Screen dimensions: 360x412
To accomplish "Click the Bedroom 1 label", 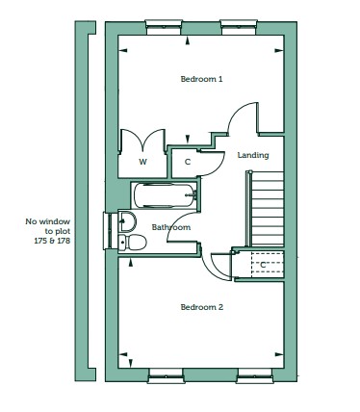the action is click(201, 79).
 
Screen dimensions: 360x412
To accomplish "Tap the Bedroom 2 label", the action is click(201, 307).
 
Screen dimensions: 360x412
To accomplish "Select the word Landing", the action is click(253, 156).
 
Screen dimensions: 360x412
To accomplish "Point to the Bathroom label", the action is click(171, 227).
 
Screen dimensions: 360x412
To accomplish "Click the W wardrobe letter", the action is click(142, 162).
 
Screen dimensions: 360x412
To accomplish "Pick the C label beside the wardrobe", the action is click(188, 162).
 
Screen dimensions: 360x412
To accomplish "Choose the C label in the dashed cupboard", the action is click(263, 265).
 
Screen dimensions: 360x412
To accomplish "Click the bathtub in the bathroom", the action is click(165, 195).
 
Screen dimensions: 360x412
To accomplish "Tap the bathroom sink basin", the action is click(127, 221).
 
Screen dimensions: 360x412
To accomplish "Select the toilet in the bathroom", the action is click(132, 242).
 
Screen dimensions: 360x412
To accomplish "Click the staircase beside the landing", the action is click(266, 209).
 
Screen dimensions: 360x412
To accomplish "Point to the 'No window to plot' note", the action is click(48, 231).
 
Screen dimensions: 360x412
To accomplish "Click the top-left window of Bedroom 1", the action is click(164, 27).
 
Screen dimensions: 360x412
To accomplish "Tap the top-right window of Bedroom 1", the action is click(239, 27).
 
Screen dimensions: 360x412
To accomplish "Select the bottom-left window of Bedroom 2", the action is click(167, 375).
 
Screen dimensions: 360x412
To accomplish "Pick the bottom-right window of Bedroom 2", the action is click(255, 375).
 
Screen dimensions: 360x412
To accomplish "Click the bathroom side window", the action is click(108, 231).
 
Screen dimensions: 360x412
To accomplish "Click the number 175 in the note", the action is click(40, 241).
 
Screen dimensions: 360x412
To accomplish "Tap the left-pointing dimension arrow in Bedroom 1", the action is click(123, 50).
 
